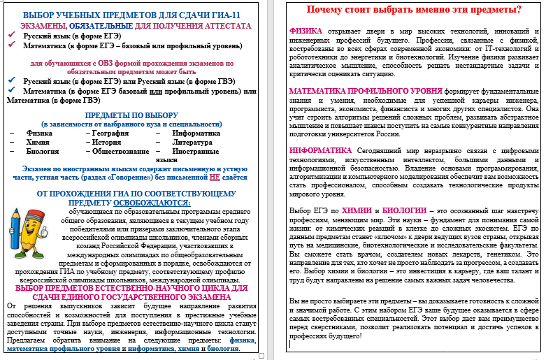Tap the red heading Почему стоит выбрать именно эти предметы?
point(404,10)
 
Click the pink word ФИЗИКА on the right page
point(306,31)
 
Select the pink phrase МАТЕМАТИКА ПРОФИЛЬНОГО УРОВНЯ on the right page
point(350,91)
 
